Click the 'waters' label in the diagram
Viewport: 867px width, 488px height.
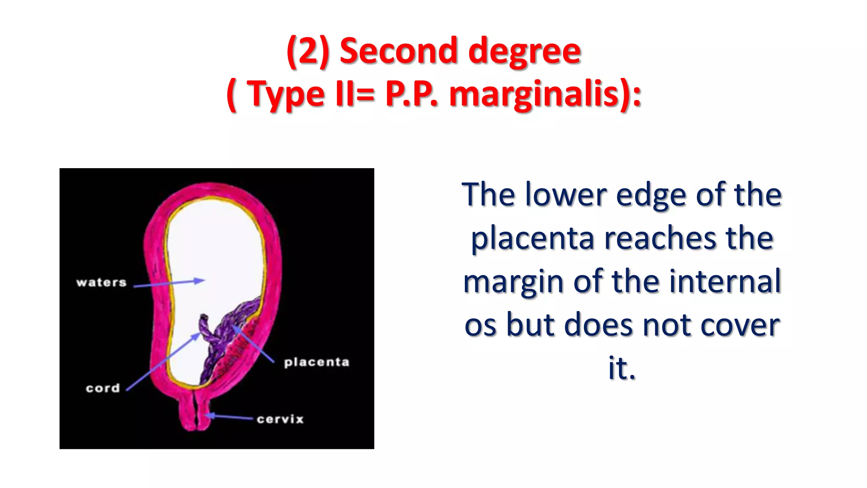101,283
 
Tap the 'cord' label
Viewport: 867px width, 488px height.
103,388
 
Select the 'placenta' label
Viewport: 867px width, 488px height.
317,362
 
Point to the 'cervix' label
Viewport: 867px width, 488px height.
280,419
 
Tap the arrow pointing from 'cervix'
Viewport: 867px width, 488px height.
231,417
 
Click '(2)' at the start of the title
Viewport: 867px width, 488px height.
308,51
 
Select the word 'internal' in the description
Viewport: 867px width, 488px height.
724,281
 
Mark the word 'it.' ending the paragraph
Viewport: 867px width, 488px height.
621,368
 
